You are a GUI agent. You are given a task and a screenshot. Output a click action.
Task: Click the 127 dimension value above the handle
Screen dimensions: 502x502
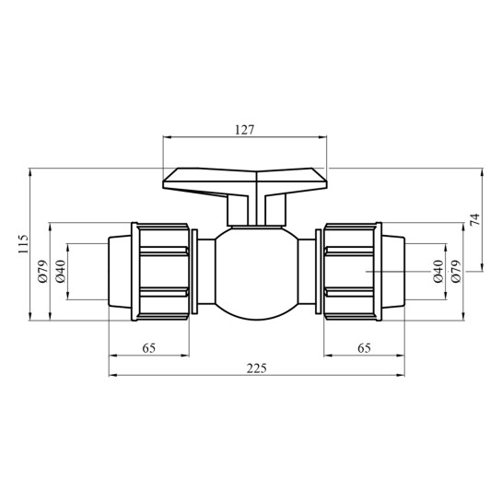[x=245, y=130]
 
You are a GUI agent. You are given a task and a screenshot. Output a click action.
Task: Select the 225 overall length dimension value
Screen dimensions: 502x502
[x=256, y=368]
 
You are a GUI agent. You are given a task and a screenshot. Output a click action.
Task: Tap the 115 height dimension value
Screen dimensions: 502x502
[x=23, y=244]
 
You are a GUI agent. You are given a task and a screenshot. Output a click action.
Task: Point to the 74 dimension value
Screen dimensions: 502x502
[x=475, y=219]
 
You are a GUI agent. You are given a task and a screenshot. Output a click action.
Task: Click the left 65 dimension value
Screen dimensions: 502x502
[x=149, y=348]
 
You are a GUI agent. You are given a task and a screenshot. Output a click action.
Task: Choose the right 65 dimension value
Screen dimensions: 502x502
[x=365, y=348]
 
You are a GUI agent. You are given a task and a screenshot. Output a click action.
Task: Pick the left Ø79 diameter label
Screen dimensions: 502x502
[x=43, y=271]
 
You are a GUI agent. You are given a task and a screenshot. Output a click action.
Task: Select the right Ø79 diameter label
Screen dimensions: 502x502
[x=456, y=271]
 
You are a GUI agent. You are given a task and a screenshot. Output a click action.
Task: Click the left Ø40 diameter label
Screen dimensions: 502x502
[x=61, y=271]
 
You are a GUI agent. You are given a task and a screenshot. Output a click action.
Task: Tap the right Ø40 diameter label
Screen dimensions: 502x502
[x=438, y=271]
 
